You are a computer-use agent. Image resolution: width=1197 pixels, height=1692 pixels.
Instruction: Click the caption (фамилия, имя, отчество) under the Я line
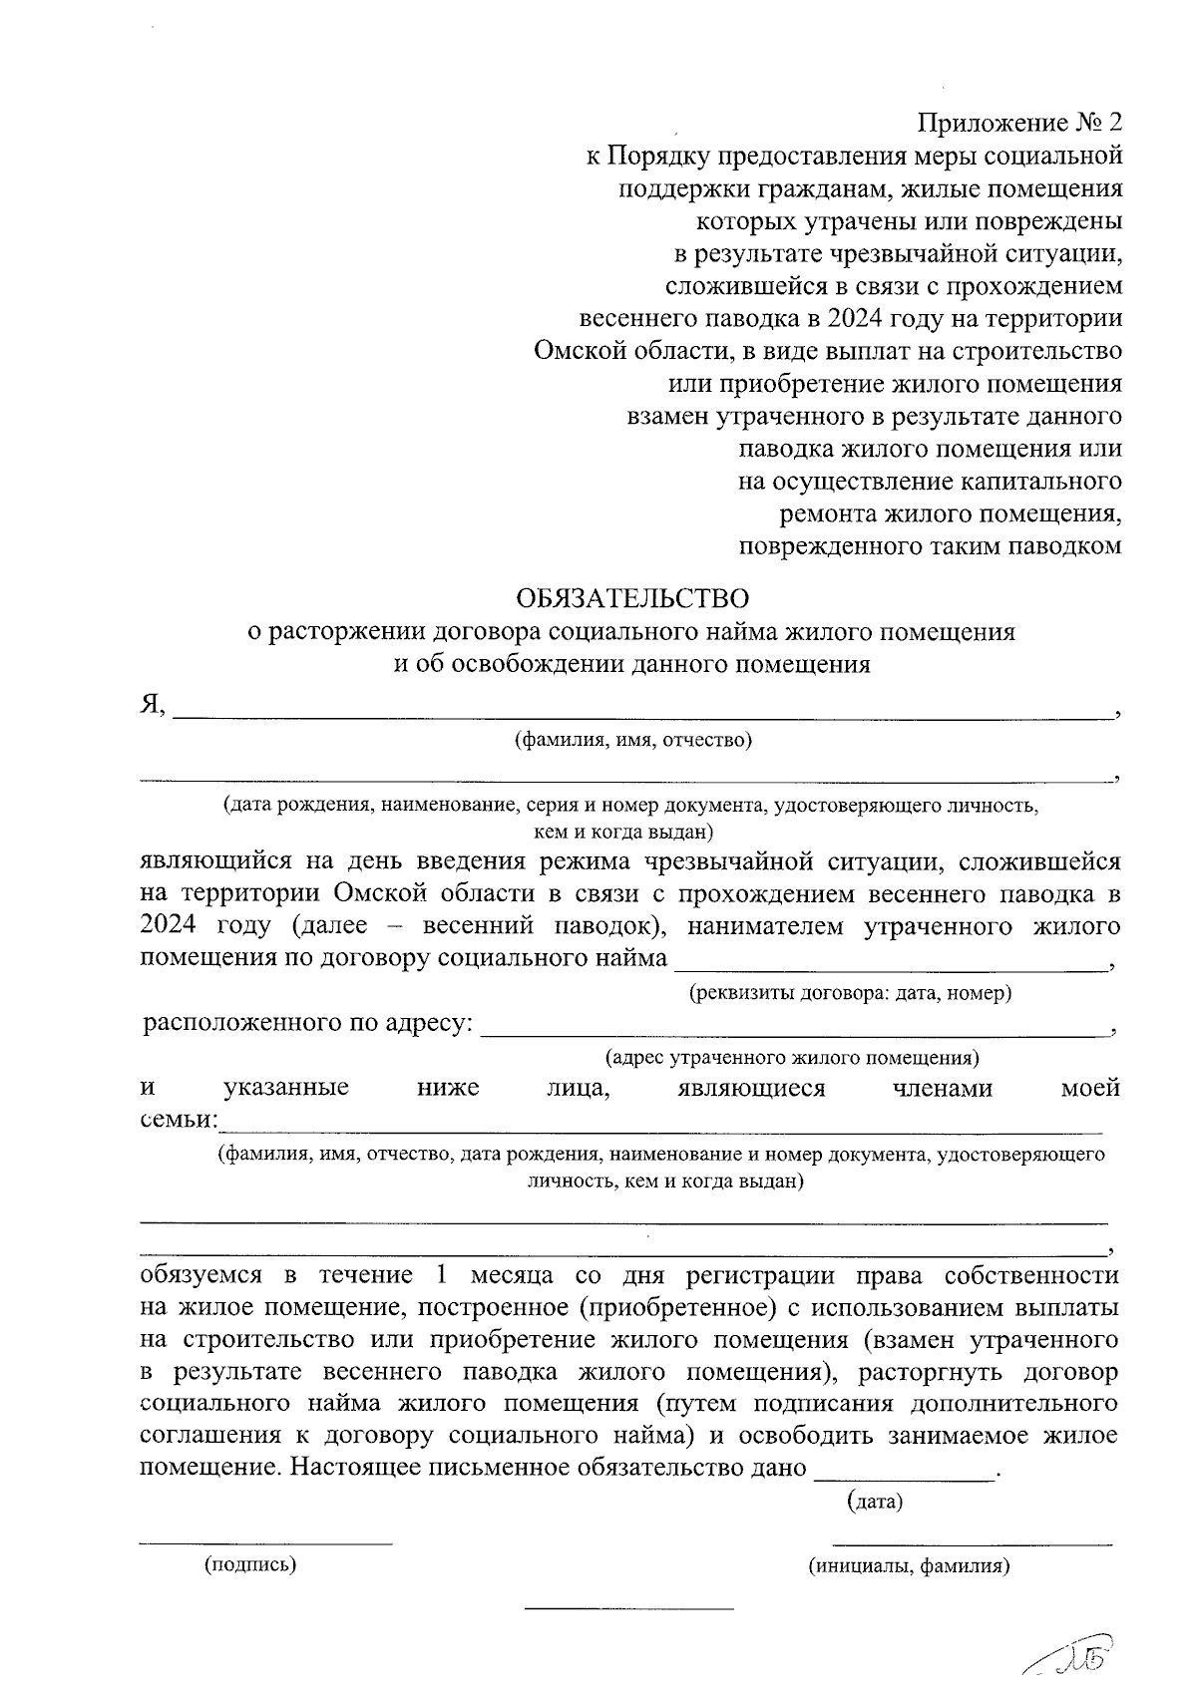(632, 740)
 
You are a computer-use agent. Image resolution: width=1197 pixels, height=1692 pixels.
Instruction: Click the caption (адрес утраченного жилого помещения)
(792, 1057)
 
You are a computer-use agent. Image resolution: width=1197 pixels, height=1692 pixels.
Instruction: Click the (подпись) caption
(250, 1565)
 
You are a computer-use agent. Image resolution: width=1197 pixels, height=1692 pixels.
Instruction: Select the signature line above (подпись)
(265, 1543)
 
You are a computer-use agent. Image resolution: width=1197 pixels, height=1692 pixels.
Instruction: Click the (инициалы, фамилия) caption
(909, 1565)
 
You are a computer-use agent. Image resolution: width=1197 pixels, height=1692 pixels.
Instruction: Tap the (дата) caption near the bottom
(874, 1502)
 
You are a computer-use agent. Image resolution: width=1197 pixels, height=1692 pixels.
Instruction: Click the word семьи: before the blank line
(177, 1120)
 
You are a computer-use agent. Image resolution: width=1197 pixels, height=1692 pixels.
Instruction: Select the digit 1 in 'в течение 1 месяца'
(443, 1275)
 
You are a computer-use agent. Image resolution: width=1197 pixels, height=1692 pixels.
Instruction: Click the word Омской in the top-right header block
(576, 351)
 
